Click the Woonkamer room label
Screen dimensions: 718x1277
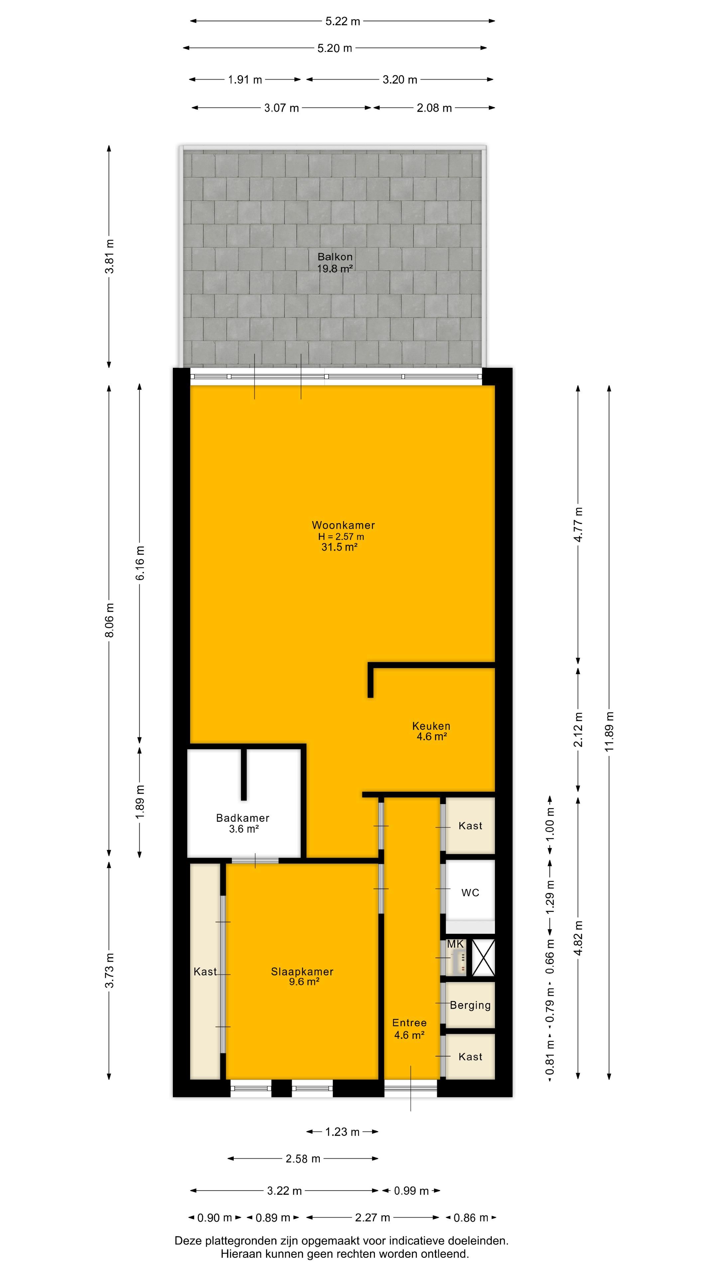pos(343,525)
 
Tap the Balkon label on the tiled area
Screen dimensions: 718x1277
pos(335,257)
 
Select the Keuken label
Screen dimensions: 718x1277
pos(431,726)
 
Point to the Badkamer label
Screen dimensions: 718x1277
pos(243,818)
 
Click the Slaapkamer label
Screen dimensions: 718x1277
pos(302,972)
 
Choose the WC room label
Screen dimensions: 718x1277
pos(470,893)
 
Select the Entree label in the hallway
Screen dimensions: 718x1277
pos(409,1023)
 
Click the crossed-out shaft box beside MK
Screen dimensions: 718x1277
pos(483,957)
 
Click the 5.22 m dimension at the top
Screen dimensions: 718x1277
pos(342,21)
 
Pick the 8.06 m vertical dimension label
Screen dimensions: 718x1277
pos(109,620)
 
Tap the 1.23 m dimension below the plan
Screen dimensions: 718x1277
pos(342,1132)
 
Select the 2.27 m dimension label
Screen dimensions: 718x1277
pos(373,1217)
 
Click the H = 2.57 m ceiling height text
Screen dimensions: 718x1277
pos(341,536)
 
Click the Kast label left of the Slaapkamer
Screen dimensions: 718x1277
pos(205,972)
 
